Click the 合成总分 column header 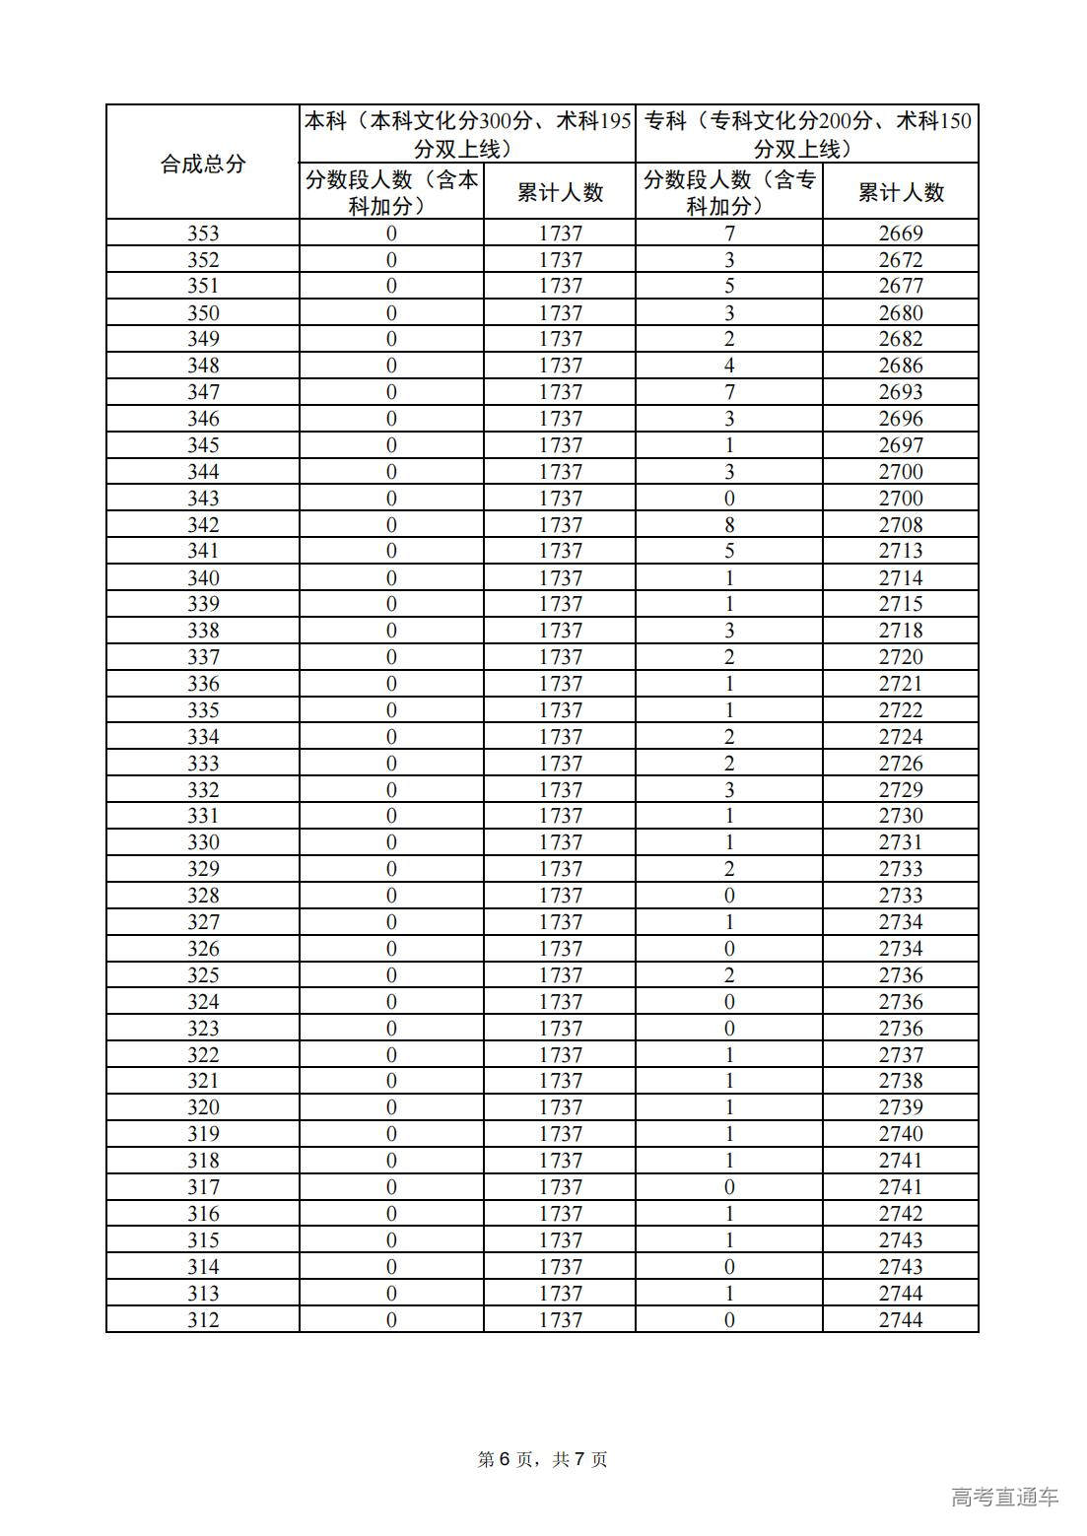coord(202,164)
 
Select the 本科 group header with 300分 coord(467,134)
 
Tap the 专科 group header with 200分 coord(807,134)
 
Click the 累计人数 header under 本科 coord(560,192)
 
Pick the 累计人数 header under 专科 coord(901,192)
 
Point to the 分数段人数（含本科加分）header coord(391,192)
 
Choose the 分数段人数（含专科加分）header coord(729,192)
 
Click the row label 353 coord(203,234)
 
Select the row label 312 coord(203,1319)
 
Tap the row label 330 coord(203,842)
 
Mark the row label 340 coord(203,577)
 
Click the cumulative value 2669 coord(901,234)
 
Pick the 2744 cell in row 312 coord(901,1319)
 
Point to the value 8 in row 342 coord(729,524)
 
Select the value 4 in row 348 coord(729,366)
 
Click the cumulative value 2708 coord(901,524)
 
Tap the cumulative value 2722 coord(901,710)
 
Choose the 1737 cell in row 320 coord(560,1107)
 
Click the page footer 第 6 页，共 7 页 coord(543,1459)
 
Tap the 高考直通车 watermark coord(1005,1498)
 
